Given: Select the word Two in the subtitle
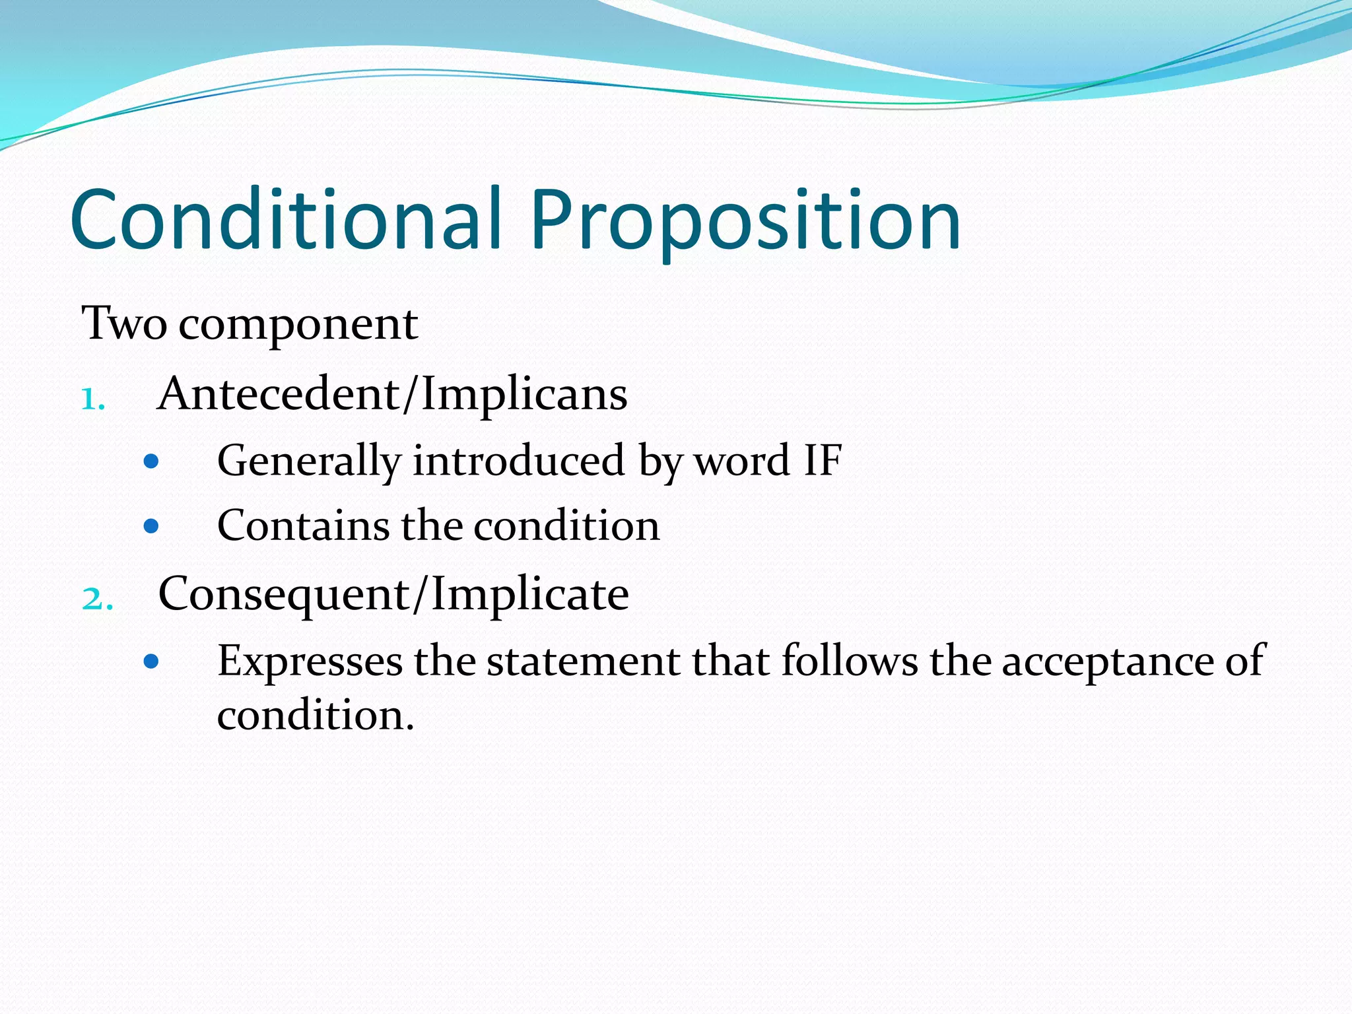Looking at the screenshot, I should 123,324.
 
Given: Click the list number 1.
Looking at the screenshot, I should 92,399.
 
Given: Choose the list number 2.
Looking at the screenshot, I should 96,599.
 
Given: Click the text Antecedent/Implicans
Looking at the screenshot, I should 392,395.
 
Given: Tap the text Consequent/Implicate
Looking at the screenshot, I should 393,594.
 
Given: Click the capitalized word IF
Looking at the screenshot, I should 823,460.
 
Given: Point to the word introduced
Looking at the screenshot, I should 518,460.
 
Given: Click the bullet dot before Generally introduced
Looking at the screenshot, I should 151,461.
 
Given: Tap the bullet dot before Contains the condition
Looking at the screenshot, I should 151,526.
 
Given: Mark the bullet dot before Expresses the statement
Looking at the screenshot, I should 151,661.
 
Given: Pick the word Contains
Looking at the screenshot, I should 303,526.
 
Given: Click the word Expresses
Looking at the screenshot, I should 310,662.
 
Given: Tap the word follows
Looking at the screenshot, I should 850,661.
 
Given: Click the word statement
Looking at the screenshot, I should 583,661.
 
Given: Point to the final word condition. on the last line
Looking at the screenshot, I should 316,716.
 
